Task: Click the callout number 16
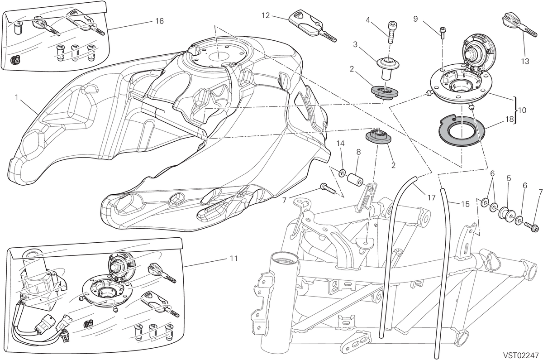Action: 159,21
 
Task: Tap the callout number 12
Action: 266,15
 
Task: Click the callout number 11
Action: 233,259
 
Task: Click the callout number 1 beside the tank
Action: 16,97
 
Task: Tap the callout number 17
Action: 432,198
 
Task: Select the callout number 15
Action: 465,204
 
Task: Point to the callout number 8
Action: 358,152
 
